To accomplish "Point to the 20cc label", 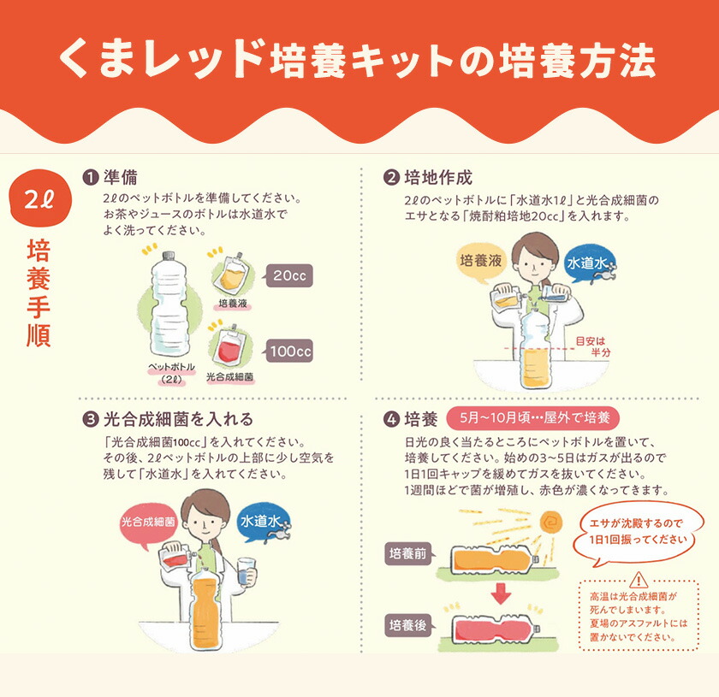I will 288,275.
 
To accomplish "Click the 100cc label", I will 288,350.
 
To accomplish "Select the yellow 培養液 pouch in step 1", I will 230,272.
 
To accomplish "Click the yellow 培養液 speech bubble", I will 480,260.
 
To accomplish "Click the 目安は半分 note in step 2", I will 592,346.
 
